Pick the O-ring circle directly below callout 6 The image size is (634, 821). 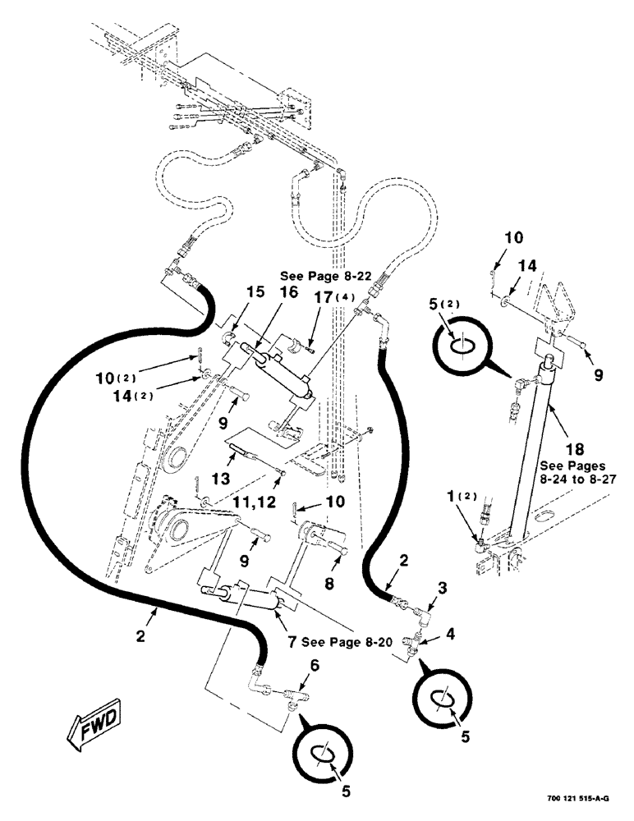(x=325, y=753)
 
